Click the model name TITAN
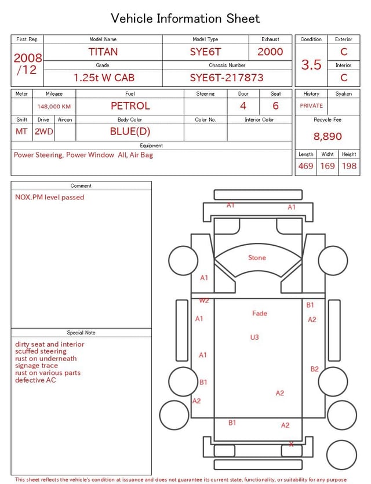coord(103,52)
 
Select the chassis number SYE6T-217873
coord(227,78)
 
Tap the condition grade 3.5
coord(311,64)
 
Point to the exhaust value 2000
coord(270,52)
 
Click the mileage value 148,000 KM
coord(54,107)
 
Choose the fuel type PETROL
coord(130,106)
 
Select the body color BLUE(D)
coord(130,132)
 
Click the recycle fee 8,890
coord(328,136)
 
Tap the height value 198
coord(349,166)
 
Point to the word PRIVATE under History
coord(311,105)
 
